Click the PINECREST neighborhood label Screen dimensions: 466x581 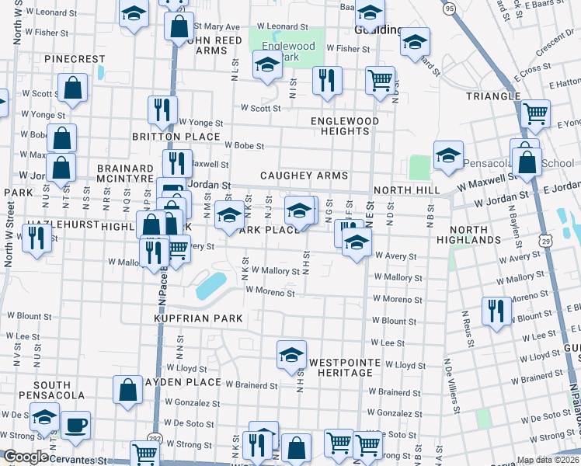coord(75,59)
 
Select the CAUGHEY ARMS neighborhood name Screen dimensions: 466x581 coord(304,176)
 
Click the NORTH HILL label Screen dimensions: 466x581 coord(406,190)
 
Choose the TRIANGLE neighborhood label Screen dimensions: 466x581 coord(492,96)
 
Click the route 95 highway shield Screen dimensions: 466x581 coord(449,9)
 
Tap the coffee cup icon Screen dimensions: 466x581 coord(75,424)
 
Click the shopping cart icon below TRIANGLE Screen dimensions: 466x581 coord(535,113)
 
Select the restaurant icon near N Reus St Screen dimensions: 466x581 coord(495,311)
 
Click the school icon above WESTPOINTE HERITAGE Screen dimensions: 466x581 coord(291,354)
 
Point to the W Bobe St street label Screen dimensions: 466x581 coord(245,145)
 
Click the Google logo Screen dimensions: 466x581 coord(26,457)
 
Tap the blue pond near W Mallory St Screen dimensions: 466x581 coord(211,286)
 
